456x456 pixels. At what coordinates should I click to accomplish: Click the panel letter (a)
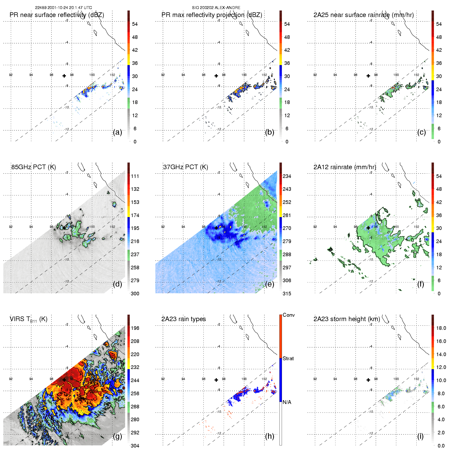tap(117, 132)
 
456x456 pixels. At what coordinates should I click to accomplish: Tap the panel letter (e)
tap(270, 284)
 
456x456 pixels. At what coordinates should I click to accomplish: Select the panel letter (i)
tap(420, 436)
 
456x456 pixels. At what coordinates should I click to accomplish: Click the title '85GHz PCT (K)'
tap(33, 167)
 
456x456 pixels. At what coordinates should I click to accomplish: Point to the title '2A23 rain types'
tap(184, 319)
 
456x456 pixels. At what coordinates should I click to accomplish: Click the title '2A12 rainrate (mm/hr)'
tap(345, 167)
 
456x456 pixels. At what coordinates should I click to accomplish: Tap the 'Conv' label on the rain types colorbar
tap(289, 315)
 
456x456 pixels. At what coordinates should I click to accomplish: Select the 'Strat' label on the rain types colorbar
tap(288, 358)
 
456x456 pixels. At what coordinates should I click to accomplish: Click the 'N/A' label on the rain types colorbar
tap(287, 402)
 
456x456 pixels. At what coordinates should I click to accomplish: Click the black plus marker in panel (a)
tap(64, 76)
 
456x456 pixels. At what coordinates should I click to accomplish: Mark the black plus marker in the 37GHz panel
tap(216, 228)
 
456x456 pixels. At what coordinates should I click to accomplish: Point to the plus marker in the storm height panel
tap(368, 380)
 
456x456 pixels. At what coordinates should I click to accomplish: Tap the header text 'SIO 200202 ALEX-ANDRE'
tap(216, 7)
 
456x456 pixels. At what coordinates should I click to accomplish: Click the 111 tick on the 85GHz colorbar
tap(135, 176)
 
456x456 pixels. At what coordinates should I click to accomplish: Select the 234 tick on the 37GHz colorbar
tap(287, 176)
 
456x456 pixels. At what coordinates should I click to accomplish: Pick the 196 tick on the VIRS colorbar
tap(135, 328)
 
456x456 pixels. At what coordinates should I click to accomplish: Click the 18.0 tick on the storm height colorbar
tap(441, 328)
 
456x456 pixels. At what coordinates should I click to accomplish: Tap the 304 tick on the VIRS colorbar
tap(135, 446)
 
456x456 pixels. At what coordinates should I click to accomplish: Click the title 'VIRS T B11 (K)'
tap(29, 319)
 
